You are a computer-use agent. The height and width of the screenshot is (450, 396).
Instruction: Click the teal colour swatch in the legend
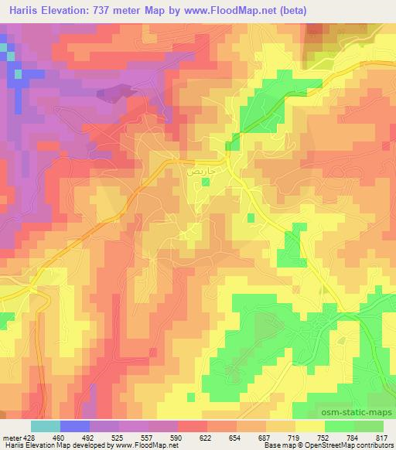tap(45, 426)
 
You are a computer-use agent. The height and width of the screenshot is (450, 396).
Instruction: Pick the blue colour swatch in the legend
tap(74, 426)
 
